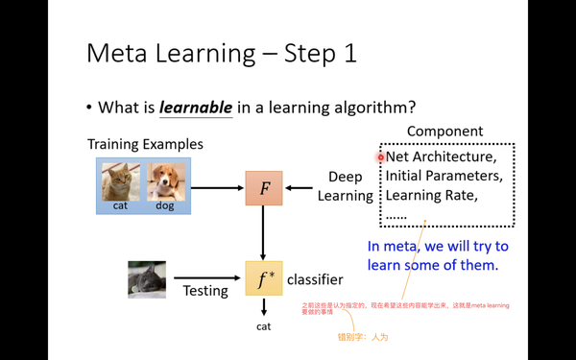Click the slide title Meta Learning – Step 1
point(221,53)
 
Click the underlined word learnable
point(196,107)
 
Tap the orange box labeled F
point(264,189)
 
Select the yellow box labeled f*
point(264,278)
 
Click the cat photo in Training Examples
point(121,181)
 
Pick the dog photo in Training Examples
point(165,181)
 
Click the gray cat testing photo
point(147,279)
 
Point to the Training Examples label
point(145,144)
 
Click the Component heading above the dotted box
point(444,132)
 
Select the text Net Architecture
point(441,156)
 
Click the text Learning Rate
point(431,195)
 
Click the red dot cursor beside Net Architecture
point(381,156)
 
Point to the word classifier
point(315,279)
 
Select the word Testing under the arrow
point(205,290)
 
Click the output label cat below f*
point(263,326)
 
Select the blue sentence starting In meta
point(438,254)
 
